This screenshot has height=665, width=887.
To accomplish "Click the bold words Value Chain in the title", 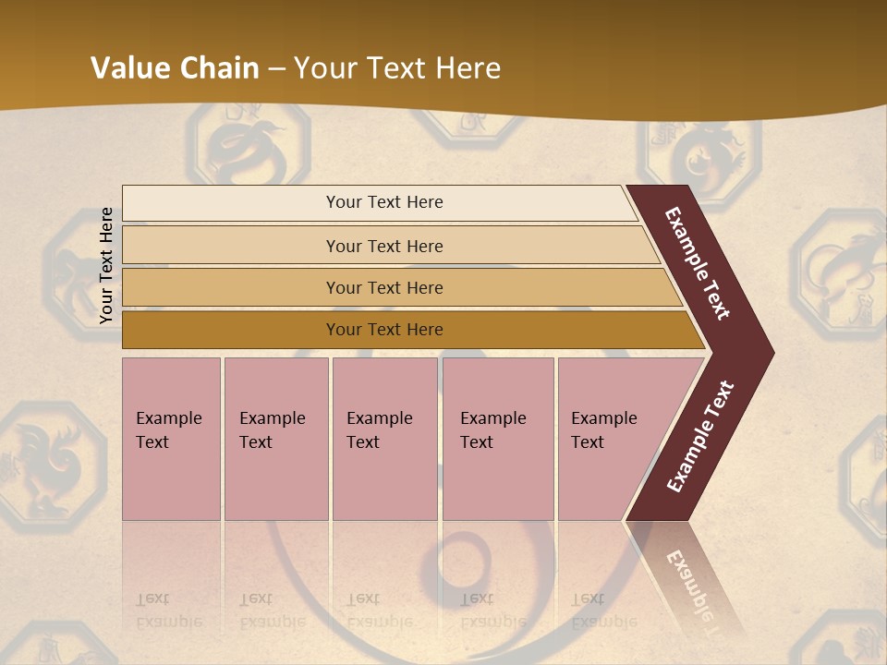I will (x=175, y=68).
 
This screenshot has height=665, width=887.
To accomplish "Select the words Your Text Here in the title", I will (x=397, y=68).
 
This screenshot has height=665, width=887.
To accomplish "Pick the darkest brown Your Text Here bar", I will (x=384, y=330).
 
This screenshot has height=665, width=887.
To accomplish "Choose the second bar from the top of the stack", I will (x=384, y=246).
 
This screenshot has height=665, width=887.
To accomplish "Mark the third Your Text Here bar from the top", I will (x=384, y=287).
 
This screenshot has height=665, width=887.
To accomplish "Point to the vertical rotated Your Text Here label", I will (x=106, y=266).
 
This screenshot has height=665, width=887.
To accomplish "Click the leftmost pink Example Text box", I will (x=171, y=438).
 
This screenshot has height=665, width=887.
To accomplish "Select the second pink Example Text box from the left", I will (x=275, y=438).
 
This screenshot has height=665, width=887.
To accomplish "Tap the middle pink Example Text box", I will (x=384, y=438).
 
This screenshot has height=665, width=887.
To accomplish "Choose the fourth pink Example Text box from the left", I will (x=497, y=438).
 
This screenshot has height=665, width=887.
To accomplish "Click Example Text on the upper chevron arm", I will (x=697, y=264).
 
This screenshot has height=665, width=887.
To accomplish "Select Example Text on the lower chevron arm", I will (x=700, y=437).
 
